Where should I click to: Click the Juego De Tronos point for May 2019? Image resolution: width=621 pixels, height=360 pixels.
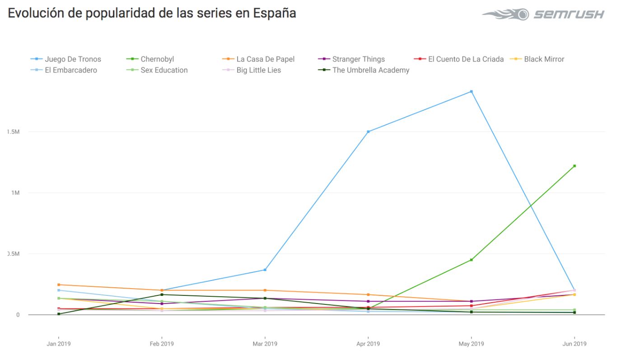click(x=471, y=91)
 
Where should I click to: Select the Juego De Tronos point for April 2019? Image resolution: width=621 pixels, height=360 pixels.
click(x=368, y=131)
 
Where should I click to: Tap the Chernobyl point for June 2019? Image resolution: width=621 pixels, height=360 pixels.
click(x=574, y=166)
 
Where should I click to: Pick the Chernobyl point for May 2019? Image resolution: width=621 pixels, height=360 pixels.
click(x=471, y=260)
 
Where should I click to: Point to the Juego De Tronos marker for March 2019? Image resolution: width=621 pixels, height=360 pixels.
click(x=265, y=270)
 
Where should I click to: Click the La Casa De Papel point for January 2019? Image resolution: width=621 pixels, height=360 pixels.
click(x=59, y=285)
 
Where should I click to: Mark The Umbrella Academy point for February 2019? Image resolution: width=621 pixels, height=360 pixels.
click(x=162, y=295)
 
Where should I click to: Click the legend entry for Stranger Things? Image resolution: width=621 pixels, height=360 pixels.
click(x=358, y=59)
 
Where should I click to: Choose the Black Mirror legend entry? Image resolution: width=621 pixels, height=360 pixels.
click(x=544, y=59)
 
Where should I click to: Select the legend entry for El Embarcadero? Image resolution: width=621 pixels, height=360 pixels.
click(x=70, y=70)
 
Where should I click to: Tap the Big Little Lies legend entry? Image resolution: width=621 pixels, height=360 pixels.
click(x=258, y=70)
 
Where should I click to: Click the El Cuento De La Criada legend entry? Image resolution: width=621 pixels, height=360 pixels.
click(x=466, y=59)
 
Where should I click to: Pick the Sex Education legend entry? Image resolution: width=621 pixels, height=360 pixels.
click(x=164, y=70)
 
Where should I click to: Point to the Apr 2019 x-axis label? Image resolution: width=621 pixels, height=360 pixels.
click(x=368, y=344)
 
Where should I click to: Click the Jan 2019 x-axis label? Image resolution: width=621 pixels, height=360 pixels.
click(x=59, y=344)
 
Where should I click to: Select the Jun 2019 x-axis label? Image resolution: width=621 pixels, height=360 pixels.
click(x=574, y=344)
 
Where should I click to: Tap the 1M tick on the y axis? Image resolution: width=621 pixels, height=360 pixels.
click(x=15, y=193)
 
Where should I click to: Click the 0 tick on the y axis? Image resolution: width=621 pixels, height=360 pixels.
click(x=18, y=315)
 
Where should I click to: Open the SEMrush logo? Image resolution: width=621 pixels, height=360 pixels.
click(x=543, y=14)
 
